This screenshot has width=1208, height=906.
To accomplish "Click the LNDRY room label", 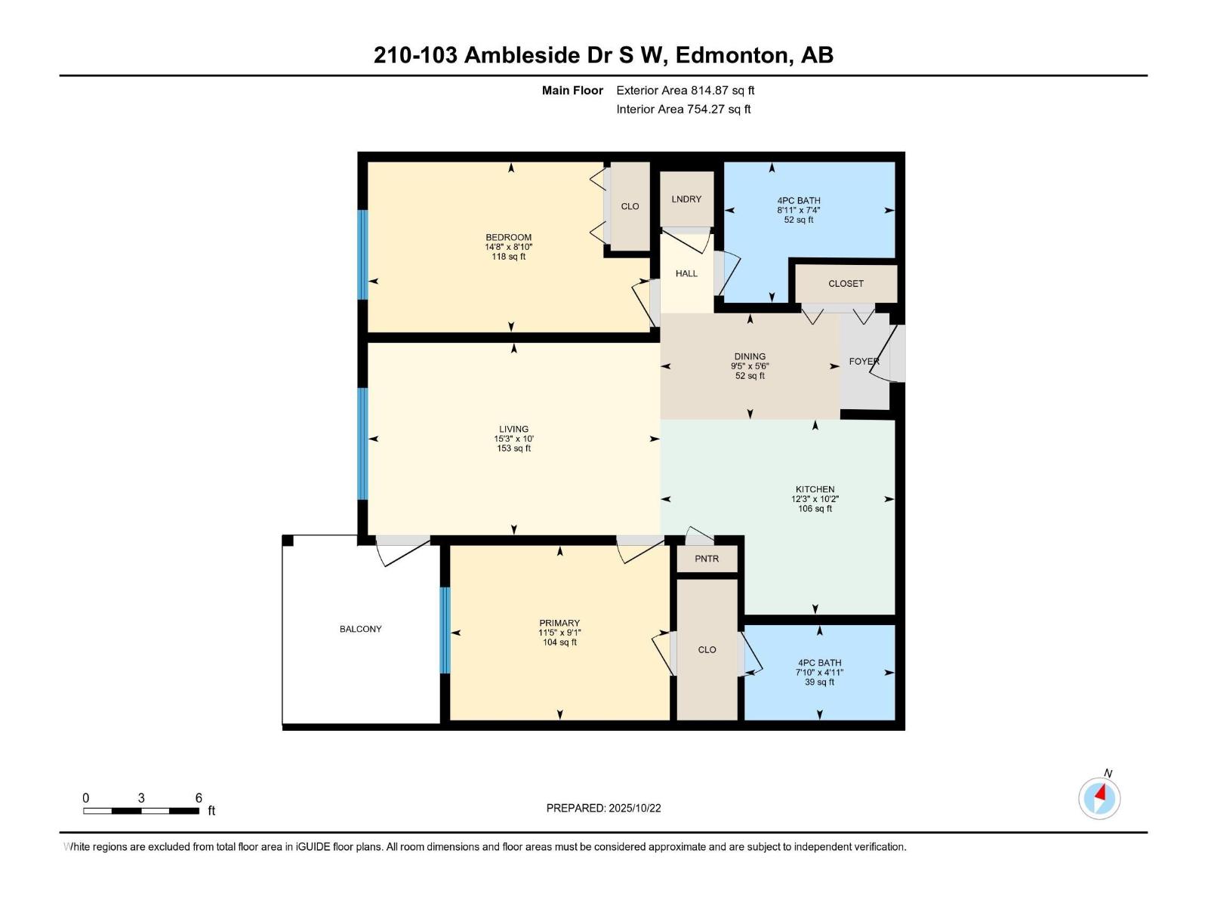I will (686, 199).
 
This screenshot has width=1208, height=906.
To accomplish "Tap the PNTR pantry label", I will (707, 559).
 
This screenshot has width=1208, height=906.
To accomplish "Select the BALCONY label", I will (360, 629).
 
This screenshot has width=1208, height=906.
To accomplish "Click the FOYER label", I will (864, 362).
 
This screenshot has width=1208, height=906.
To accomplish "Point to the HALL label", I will (686, 273).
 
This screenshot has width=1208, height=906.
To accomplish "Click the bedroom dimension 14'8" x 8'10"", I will (509, 247).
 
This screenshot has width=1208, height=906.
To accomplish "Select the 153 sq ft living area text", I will (513, 448).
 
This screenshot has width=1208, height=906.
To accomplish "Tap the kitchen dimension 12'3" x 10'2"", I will (815, 499).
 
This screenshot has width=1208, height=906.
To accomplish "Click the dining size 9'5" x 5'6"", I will (750, 366).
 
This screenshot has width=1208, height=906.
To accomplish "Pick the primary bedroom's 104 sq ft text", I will (559, 643).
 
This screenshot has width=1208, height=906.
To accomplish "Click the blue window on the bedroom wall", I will (362, 254).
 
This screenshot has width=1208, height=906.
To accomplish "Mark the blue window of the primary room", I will (445, 630).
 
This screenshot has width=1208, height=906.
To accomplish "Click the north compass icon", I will (1099, 797).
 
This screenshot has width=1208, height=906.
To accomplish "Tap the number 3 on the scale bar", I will (141, 798).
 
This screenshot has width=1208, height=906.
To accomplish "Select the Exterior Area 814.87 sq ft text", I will (685, 91).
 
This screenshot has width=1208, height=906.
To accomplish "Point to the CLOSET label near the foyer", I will (846, 284).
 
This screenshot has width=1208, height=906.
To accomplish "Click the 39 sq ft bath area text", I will (819, 683).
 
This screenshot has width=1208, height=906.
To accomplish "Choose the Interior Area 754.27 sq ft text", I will (683, 109).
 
